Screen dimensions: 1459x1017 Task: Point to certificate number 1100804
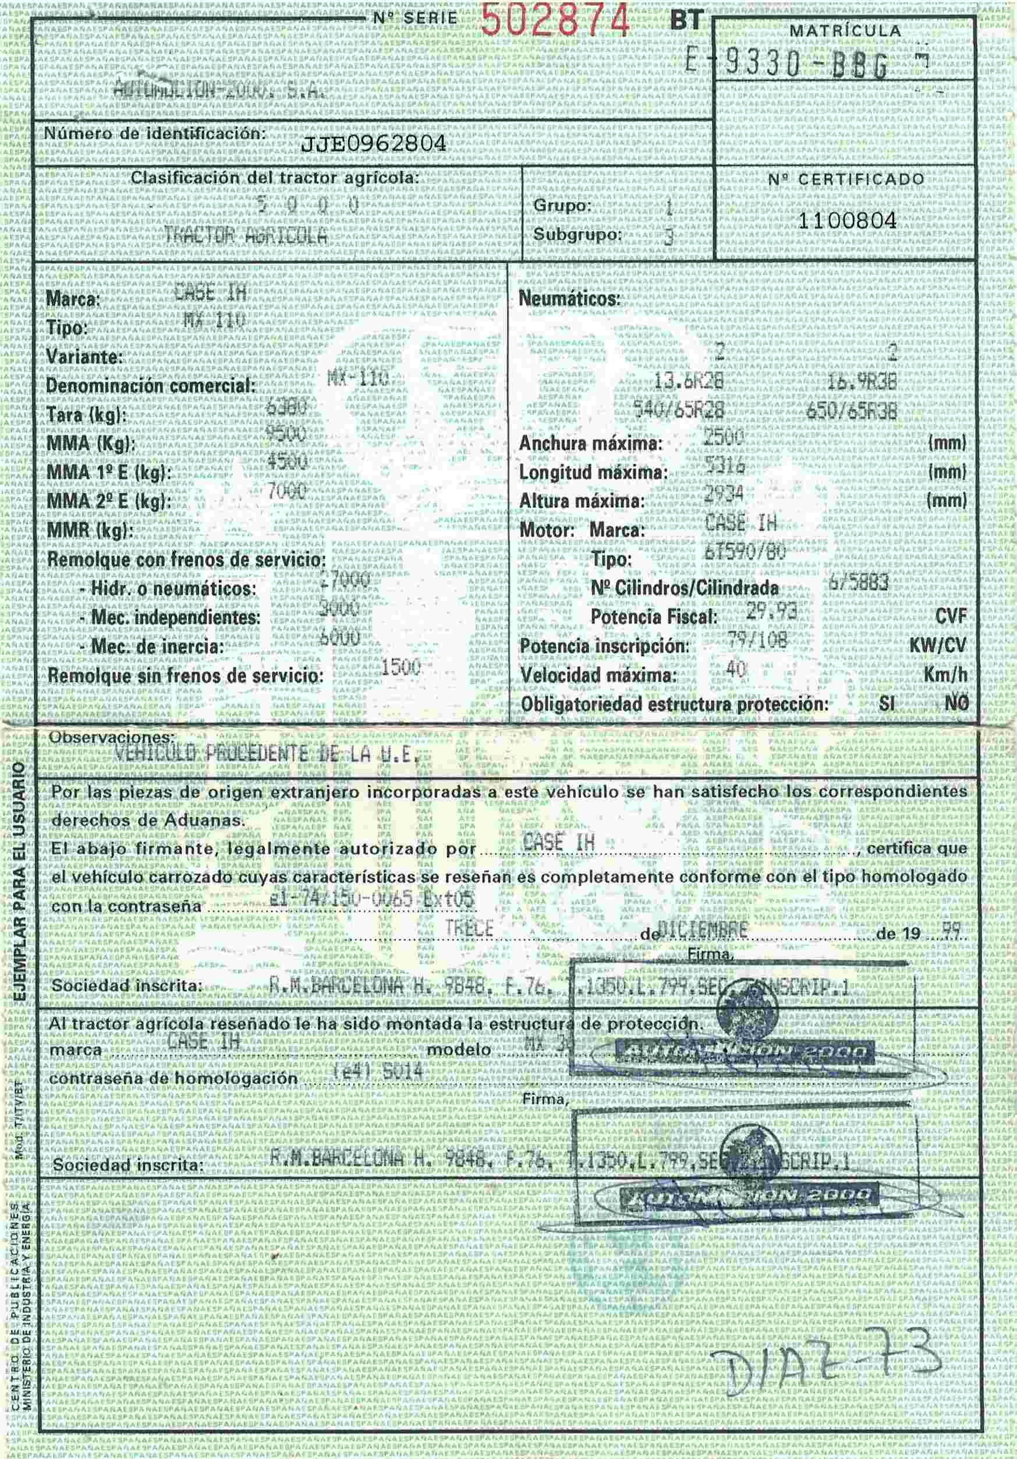click(847, 221)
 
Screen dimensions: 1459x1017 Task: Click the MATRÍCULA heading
click(845, 30)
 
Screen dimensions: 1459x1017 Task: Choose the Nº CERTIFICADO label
click(846, 180)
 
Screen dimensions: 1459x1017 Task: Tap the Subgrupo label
click(577, 235)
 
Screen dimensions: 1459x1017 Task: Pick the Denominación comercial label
click(151, 386)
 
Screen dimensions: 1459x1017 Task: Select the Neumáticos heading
click(569, 299)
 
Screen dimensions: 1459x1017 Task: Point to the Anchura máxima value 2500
click(724, 437)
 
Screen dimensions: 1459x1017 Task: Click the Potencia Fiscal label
click(653, 616)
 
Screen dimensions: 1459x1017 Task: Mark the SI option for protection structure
click(887, 704)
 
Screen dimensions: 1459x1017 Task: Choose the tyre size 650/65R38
click(851, 412)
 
